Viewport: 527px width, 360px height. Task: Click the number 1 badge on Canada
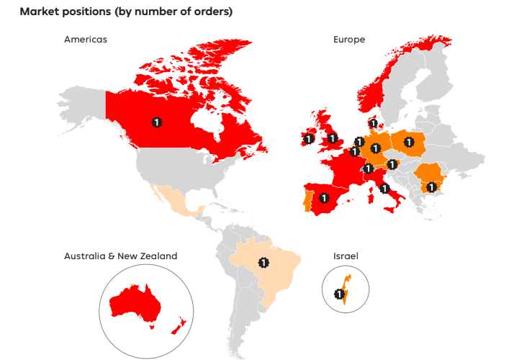(x=156, y=122)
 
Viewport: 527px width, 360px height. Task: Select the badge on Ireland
(x=308, y=139)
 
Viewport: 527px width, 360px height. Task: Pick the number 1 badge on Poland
(x=410, y=142)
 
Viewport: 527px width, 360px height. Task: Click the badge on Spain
(x=325, y=197)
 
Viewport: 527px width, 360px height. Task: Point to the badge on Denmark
(x=373, y=123)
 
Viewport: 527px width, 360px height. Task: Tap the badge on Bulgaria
(x=431, y=187)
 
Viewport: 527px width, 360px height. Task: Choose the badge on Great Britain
(x=332, y=138)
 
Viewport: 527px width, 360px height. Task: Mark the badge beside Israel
(x=339, y=294)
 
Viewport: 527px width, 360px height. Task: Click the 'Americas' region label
(x=85, y=40)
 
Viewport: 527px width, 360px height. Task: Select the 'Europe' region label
(x=348, y=40)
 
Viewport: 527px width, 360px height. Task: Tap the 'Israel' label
(x=345, y=256)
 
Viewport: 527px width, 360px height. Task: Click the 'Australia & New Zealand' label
(x=120, y=256)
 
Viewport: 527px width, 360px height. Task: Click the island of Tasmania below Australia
(x=152, y=325)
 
